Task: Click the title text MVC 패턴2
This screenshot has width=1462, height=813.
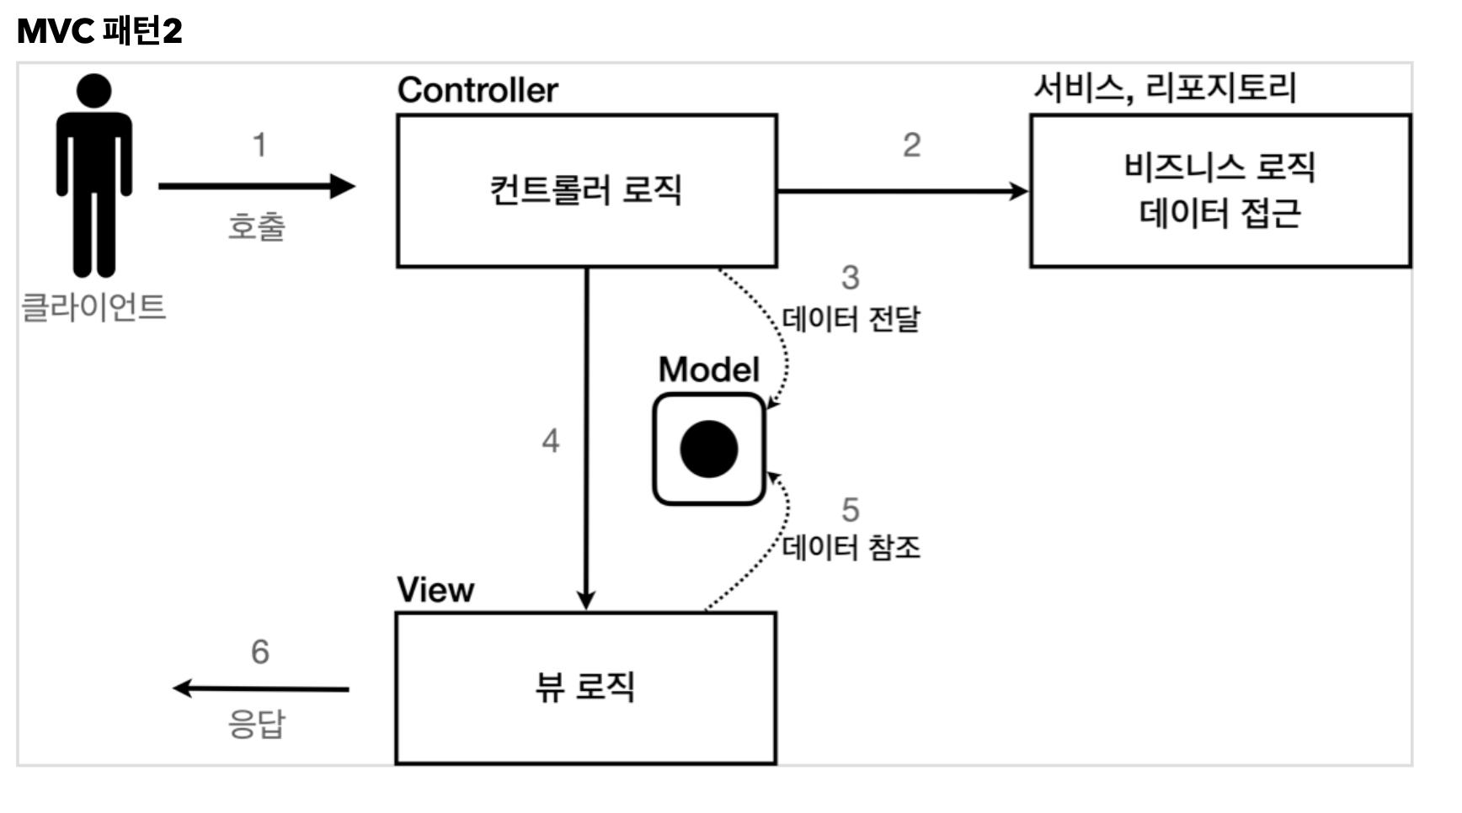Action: coord(99,31)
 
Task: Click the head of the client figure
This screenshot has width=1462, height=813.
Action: coord(93,91)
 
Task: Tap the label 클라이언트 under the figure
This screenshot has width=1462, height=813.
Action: coord(93,306)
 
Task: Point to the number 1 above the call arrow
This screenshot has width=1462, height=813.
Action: coord(259,145)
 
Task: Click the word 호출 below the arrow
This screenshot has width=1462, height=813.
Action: coord(257,226)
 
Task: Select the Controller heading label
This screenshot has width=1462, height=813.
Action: coord(478,90)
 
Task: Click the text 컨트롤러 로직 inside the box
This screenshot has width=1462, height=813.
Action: coord(585,189)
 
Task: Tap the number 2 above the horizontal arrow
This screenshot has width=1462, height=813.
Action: coord(911,145)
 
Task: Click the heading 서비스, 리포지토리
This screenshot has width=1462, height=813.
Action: coord(1165,88)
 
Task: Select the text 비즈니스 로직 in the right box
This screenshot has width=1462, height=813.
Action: coord(1219,167)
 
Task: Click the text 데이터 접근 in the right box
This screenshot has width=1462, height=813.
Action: coord(1219,213)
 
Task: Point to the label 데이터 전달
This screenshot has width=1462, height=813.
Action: coord(851,319)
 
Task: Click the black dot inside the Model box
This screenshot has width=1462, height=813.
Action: coord(709,449)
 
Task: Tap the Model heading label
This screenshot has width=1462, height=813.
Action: coord(708,369)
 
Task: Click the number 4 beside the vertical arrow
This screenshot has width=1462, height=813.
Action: coord(550,440)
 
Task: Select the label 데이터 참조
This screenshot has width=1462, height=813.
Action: coord(851,548)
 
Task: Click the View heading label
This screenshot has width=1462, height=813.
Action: coord(435,590)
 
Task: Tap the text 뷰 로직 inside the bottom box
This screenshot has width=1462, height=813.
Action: coord(585,687)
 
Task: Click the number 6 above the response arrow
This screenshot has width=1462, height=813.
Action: coord(259,651)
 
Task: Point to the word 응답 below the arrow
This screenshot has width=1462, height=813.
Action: coord(257,724)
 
